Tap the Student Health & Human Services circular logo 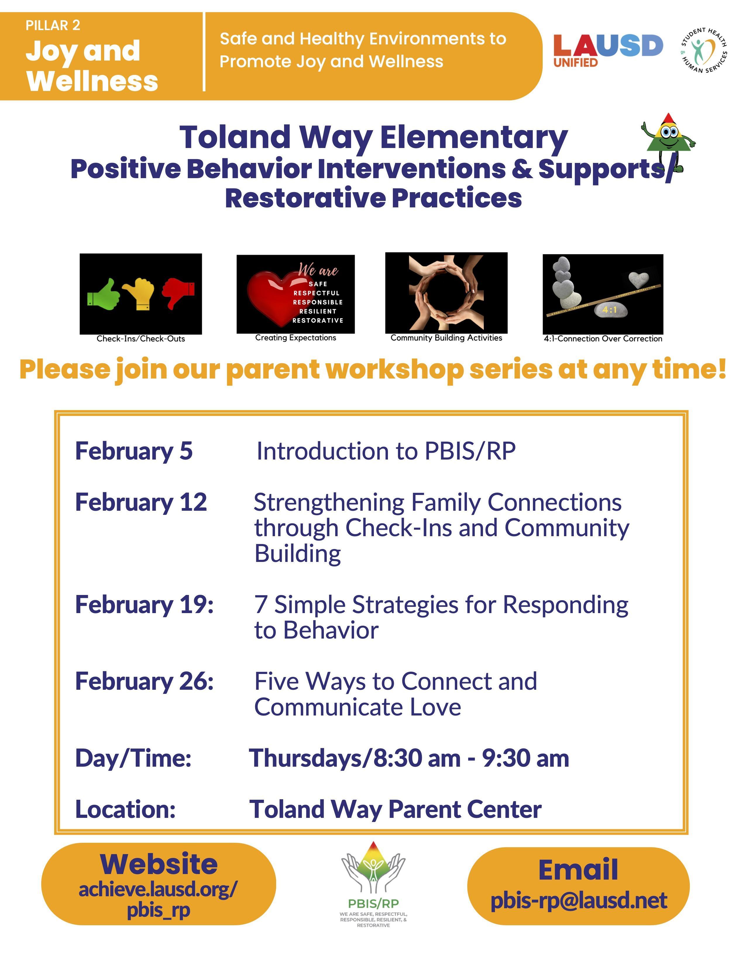coord(704,50)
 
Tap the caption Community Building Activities coord(446,338)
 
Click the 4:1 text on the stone coord(610,310)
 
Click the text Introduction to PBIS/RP coord(386,451)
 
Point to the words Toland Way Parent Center coord(396,809)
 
